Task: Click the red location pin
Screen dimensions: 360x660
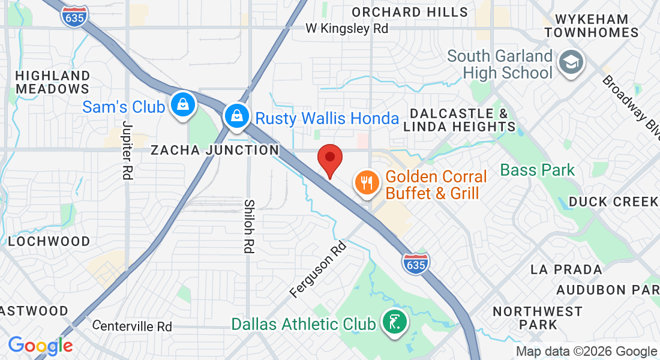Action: tap(329, 158)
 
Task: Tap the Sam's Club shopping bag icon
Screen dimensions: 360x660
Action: tap(181, 106)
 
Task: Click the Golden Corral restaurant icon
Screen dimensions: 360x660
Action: tap(367, 183)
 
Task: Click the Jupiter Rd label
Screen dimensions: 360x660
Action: tap(127, 151)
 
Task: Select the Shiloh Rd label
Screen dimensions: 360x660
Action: tap(250, 226)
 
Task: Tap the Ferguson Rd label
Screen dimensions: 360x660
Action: tap(318, 269)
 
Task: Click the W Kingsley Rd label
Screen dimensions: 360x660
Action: tap(347, 28)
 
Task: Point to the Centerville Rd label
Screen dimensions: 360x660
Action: tap(133, 326)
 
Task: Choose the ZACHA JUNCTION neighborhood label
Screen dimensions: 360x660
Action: tap(215, 150)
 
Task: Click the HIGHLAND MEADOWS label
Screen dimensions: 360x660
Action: tap(53, 82)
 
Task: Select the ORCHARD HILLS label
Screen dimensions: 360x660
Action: tap(410, 12)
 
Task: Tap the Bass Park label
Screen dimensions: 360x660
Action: tap(538, 170)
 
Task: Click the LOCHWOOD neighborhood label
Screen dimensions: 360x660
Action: tap(49, 241)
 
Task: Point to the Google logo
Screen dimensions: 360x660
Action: tap(40, 346)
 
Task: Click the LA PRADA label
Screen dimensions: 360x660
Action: tap(566, 269)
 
